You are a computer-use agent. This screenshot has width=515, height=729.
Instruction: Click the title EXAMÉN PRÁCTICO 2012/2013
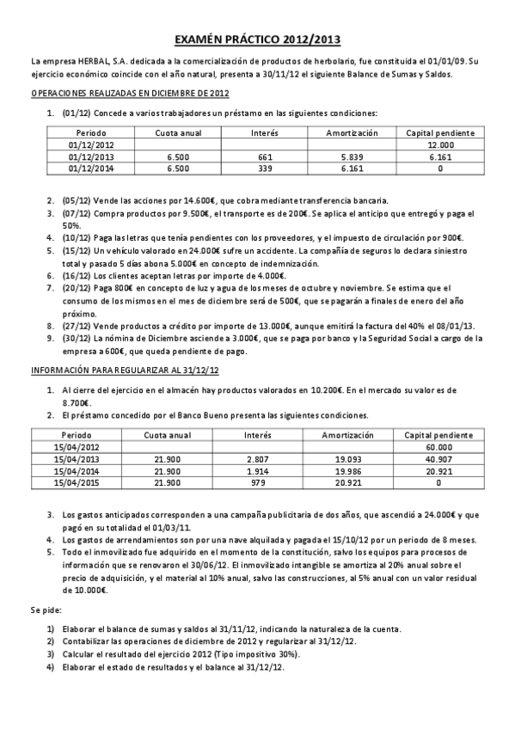[256, 39]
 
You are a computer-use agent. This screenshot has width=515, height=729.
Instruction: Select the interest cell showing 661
[263, 157]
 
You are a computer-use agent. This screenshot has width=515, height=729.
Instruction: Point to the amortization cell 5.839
[353, 157]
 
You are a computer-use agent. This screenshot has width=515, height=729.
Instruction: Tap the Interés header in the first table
[263, 133]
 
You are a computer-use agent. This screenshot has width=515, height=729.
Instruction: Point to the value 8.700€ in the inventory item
[76, 401]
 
